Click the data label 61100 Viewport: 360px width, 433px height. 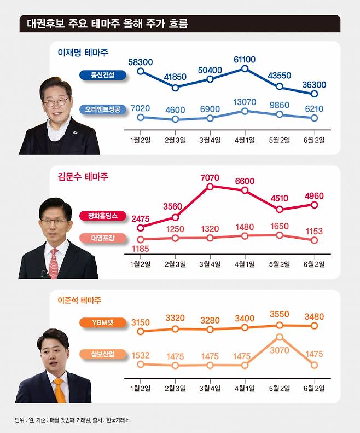(x=244, y=58)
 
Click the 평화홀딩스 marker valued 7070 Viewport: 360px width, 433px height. (x=210, y=187)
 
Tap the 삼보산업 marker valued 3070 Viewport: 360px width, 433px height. (x=280, y=337)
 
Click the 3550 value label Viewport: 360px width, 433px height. (x=280, y=315)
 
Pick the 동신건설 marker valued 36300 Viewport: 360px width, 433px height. (x=314, y=94)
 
